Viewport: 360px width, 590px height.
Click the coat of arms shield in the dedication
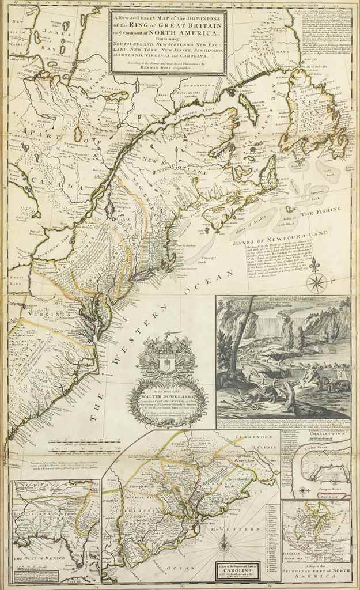[x=165, y=364]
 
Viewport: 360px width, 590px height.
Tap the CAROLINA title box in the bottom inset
[x=238, y=570]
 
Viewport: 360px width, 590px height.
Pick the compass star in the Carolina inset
[x=225, y=544]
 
